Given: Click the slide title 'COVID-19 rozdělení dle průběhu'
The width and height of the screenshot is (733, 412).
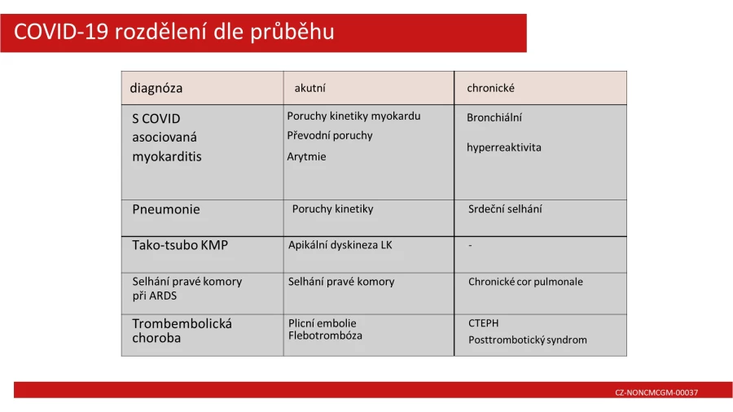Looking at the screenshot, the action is point(174,32).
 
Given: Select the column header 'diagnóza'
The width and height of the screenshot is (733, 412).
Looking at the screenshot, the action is point(156,88).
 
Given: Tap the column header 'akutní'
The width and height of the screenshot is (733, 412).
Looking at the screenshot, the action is point(310,88).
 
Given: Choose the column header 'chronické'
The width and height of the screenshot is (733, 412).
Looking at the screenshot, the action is point(490,88).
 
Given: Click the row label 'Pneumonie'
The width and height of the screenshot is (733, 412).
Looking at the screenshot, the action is point(166,209).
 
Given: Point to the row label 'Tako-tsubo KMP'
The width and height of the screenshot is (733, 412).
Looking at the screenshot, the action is point(180,245).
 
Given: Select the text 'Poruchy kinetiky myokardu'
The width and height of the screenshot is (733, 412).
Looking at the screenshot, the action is point(354,116).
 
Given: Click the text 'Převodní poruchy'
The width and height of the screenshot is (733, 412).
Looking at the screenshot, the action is point(330,135).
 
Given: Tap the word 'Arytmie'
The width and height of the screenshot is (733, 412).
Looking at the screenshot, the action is point(307,157).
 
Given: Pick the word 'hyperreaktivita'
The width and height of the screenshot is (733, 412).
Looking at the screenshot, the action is point(504,147).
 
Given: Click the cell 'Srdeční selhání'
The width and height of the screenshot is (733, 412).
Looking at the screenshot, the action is point(505,208).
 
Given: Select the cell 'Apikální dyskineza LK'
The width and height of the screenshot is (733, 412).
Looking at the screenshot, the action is point(340,245).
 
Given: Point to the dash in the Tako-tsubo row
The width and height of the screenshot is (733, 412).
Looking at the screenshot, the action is point(470,245).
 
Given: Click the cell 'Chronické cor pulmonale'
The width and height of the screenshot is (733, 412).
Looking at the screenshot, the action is point(525,282).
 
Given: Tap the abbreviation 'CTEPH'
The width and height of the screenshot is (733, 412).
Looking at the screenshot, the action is point(483,323).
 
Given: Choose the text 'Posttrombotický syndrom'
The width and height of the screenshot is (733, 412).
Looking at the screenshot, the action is point(528,340).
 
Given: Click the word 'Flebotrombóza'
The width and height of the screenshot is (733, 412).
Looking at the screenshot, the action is point(325,335).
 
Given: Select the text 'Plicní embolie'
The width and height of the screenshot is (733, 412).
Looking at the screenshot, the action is point(322,323).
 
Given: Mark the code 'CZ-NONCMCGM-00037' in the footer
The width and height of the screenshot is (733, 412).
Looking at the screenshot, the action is point(656,392).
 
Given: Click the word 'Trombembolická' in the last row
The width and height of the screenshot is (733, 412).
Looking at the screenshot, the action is point(182,324).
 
